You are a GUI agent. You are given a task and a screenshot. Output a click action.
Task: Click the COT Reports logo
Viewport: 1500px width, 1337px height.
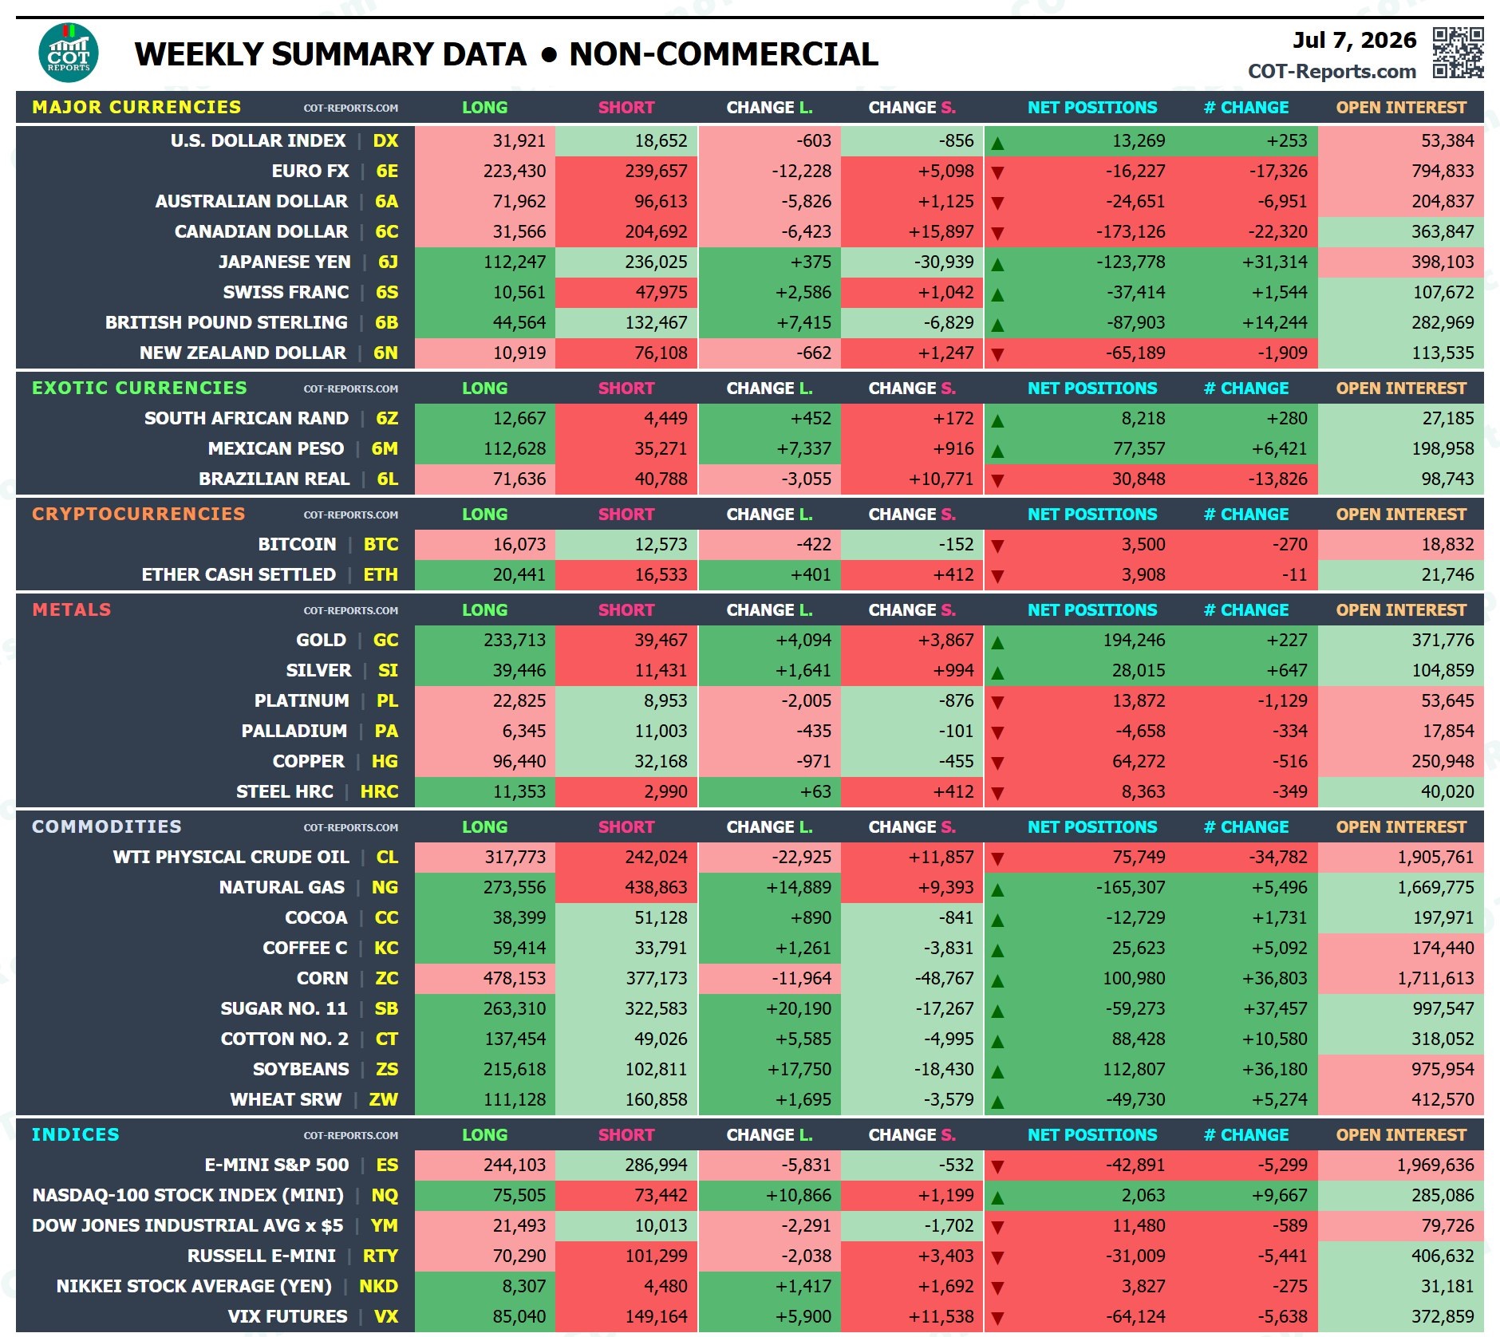pyautogui.click(x=69, y=53)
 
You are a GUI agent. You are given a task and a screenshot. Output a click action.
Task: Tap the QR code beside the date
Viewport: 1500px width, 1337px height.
pyautogui.click(x=1458, y=53)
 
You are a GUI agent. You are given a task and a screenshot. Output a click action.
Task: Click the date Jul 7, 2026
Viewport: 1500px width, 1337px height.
pyautogui.click(x=1354, y=40)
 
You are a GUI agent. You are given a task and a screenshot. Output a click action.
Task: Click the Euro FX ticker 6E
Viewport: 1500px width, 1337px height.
pyautogui.click(x=387, y=171)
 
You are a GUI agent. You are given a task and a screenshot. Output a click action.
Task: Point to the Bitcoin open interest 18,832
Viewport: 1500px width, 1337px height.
pyautogui.click(x=1447, y=544)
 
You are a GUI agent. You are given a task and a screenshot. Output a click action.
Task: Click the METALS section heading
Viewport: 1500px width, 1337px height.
pyautogui.click(x=72, y=609)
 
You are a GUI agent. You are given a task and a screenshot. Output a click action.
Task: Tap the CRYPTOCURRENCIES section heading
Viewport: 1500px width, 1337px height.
pyautogui.click(x=139, y=514)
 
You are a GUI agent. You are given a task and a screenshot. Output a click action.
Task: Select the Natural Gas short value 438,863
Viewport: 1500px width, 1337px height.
pyautogui.click(x=656, y=887)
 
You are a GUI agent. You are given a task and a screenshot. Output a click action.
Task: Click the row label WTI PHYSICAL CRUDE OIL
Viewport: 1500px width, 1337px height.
pyautogui.click(x=231, y=857)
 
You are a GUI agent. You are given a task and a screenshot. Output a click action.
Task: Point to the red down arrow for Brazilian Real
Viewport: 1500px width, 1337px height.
pyautogui.click(x=997, y=480)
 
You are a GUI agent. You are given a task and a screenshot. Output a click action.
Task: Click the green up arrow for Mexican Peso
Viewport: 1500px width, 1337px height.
pyautogui.click(x=997, y=451)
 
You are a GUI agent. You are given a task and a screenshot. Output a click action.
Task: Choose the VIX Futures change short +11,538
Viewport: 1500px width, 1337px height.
pyautogui.click(x=941, y=1316)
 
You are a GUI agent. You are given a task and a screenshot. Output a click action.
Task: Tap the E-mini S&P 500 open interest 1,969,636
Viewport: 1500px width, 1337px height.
pyautogui.click(x=1435, y=1165)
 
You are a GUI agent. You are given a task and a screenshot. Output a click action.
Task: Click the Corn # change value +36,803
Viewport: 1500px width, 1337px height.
pyautogui.click(x=1275, y=978)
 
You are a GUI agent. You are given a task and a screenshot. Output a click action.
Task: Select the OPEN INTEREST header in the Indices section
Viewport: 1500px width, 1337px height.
pyautogui.click(x=1401, y=1134)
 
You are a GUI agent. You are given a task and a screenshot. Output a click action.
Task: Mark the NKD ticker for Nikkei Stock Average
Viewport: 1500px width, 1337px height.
pyautogui.click(x=378, y=1286)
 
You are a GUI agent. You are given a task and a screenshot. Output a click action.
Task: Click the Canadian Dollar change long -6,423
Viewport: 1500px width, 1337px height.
pyautogui.click(x=806, y=231)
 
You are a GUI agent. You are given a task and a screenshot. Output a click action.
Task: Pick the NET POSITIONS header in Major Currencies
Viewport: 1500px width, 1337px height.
pyautogui.click(x=1092, y=107)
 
